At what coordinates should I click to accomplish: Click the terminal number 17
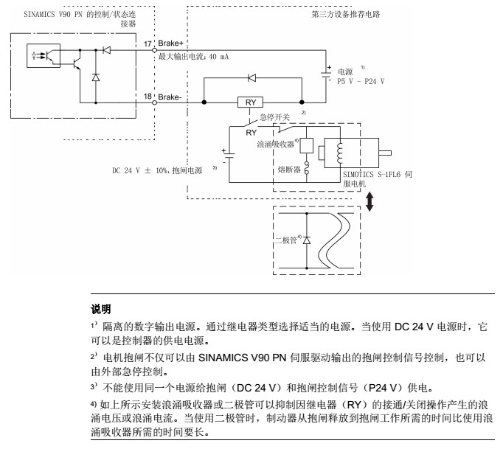148,45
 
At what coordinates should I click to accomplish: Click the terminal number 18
148,97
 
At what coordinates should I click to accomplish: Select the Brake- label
171,97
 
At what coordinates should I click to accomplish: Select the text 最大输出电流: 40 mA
194,57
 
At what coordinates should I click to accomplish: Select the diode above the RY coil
253,77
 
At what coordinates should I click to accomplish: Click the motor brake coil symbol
339,150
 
